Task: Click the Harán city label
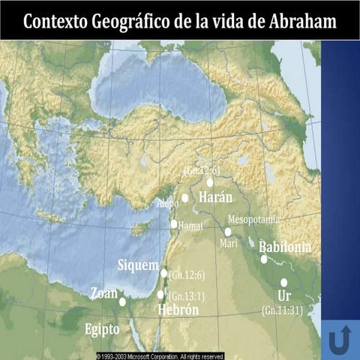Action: click(x=215, y=198)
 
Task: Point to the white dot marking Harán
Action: click(x=210, y=181)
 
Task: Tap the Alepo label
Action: click(x=167, y=202)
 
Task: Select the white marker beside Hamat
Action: click(x=174, y=223)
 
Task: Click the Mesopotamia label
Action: click(x=253, y=219)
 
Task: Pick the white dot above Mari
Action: click(x=228, y=232)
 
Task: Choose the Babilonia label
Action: click(x=284, y=247)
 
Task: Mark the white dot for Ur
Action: click(x=284, y=282)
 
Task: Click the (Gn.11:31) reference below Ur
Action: click(x=282, y=309)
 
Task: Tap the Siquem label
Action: click(x=138, y=265)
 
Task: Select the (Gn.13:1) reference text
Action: click(x=187, y=295)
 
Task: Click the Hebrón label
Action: click(x=178, y=310)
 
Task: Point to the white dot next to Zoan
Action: click(x=122, y=301)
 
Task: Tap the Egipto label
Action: click(x=101, y=328)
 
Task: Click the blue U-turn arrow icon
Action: click(x=340, y=340)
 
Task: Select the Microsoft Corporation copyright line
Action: click(x=160, y=355)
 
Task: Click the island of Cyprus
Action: click(x=139, y=228)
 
